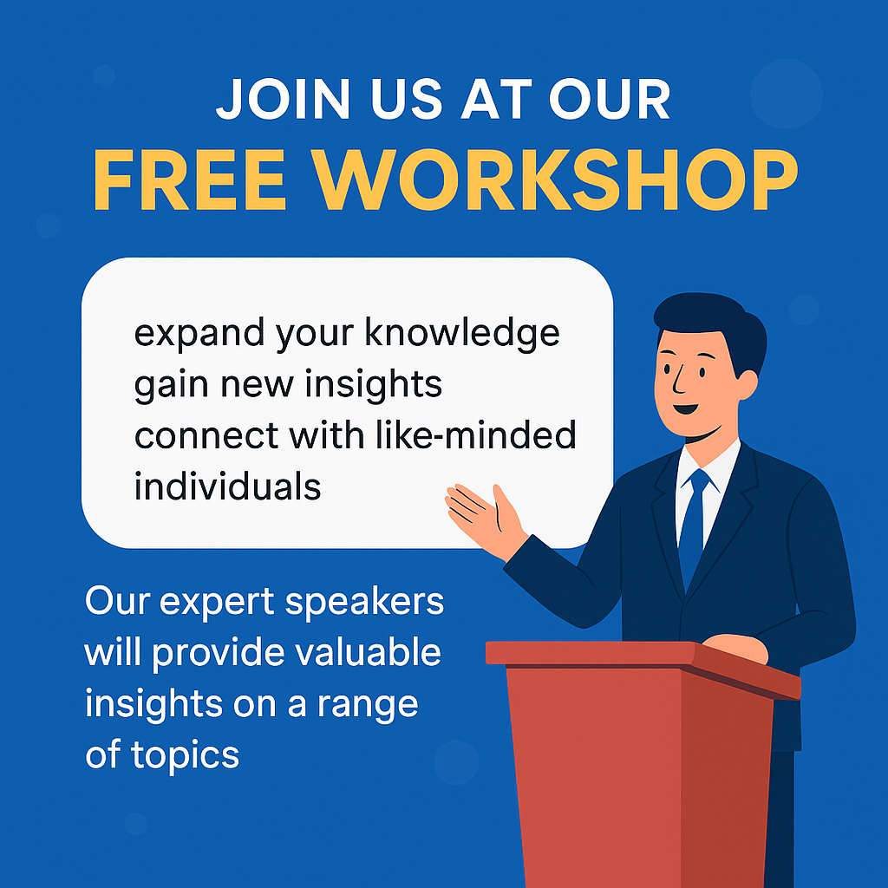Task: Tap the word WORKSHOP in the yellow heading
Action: pos(555,180)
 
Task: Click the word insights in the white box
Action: pos(373,384)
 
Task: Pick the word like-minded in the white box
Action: pos(476,435)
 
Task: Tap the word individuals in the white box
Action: pos(228,486)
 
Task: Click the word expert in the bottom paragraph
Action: pos(218,602)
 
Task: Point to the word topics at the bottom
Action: pos(186,755)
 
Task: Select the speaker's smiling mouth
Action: pos(686,408)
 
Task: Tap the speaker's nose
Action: pos(677,381)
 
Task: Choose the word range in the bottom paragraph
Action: pos(368,706)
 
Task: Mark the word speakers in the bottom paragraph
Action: pos(365,602)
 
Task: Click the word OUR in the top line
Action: pos(610,99)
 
